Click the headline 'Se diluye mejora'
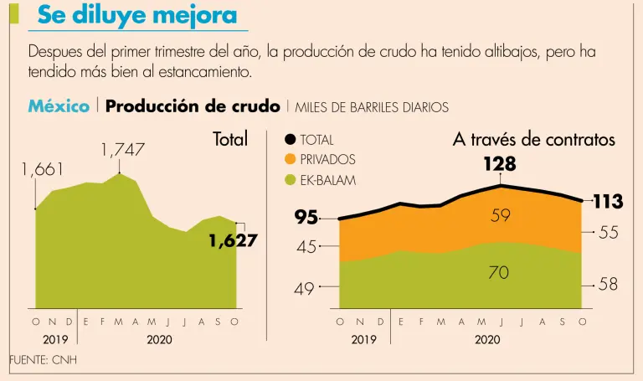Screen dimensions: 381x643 coord(137,15)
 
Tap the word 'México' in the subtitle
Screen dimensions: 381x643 coord(59,106)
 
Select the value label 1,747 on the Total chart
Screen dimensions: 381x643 coord(122,151)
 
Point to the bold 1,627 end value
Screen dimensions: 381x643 coord(233,241)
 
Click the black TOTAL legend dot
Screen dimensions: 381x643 coord(290,140)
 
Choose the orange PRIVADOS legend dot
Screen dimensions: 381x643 coord(290,159)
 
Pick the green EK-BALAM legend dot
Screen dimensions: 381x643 coord(290,178)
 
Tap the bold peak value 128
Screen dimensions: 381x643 coord(500,164)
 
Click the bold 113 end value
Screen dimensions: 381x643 coord(608,202)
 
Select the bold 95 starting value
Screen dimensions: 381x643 coord(307,218)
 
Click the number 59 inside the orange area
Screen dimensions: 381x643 coord(501,216)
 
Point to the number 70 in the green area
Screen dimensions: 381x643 coord(499,273)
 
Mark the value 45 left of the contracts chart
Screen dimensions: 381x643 coord(306,247)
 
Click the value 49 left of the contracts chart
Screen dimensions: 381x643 coord(304,289)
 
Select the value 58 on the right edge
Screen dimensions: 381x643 coord(608,285)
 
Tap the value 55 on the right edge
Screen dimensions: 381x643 coord(608,233)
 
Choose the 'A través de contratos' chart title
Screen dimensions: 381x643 coord(533,140)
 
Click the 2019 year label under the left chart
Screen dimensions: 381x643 coord(54,340)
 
